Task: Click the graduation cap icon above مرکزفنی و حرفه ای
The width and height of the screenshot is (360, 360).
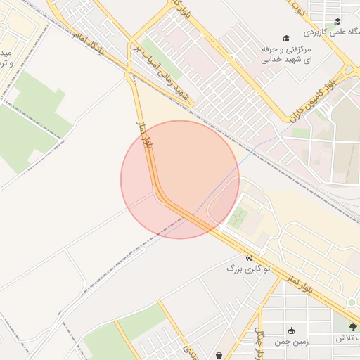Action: tap(285, 38)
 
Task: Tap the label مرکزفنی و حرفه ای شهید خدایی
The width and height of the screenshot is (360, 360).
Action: tap(286, 55)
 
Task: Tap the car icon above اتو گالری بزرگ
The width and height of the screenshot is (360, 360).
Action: tap(250, 257)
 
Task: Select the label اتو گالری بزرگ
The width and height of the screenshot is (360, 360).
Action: tap(243, 268)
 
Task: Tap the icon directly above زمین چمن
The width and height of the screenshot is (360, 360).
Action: tap(291, 330)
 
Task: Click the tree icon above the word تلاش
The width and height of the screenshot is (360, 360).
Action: tap(353, 327)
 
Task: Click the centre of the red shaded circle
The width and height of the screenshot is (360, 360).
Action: tap(180, 179)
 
